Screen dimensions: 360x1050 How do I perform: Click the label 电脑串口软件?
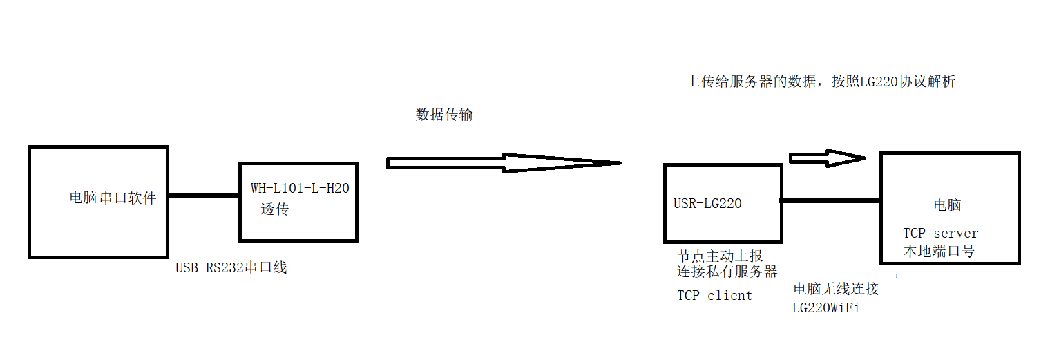[x=113, y=199]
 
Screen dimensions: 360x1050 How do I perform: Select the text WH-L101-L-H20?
[x=300, y=189]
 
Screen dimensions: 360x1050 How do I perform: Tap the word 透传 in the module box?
[x=275, y=209]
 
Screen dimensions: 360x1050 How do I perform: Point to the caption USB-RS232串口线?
[x=231, y=268]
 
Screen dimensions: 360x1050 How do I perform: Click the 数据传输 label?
[x=444, y=115]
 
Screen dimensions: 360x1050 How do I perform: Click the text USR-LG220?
[x=707, y=204]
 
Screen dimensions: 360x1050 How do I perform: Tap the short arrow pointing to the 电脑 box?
[x=826, y=158]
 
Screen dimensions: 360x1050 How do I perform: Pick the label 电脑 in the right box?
[x=947, y=205]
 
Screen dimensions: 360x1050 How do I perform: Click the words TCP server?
[x=941, y=234]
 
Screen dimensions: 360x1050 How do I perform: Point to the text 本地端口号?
[x=939, y=252]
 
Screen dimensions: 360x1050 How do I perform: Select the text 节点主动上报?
[x=720, y=256]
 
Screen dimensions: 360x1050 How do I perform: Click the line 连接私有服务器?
[x=727, y=271]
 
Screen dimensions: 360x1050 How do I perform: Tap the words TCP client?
[x=714, y=296]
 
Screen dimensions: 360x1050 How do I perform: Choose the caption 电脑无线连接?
[x=836, y=290]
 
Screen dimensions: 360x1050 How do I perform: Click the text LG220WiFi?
[x=825, y=308]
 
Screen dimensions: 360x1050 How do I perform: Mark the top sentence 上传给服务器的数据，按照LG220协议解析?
[x=821, y=82]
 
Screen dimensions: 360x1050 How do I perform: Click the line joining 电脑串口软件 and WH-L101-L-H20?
[x=204, y=196]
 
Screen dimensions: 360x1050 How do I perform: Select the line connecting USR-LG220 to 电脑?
[x=830, y=201]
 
